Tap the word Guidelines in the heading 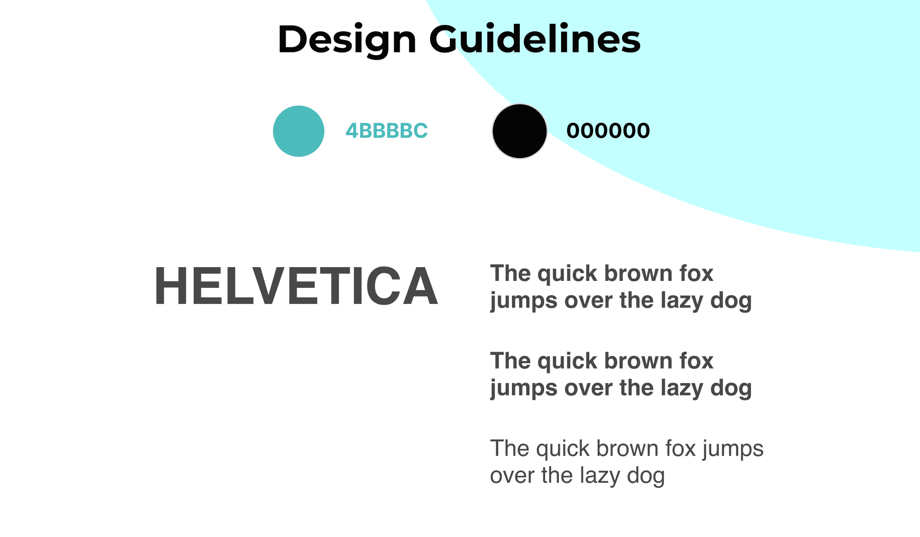[535, 39]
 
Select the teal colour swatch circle [299, 131]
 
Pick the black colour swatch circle [520, 131]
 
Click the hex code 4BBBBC [387, 131]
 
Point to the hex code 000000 [608, 131]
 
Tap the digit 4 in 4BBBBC [352, 131]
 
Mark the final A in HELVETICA [419, 286]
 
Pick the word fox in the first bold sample [696, 273]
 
